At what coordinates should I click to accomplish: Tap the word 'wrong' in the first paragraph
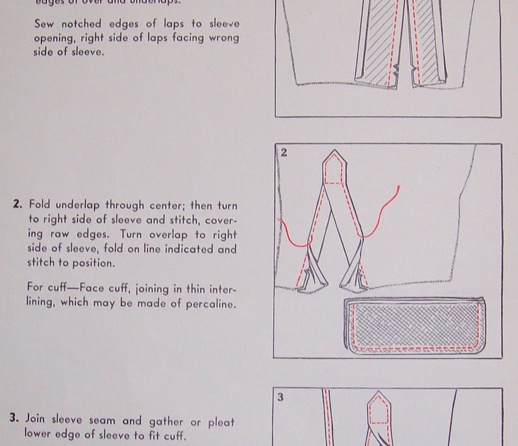221,38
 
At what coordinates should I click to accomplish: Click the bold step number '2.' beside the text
18,205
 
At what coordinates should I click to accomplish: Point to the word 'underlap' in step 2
82,205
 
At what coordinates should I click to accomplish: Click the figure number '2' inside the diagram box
283,153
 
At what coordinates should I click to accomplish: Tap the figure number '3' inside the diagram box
281,397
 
